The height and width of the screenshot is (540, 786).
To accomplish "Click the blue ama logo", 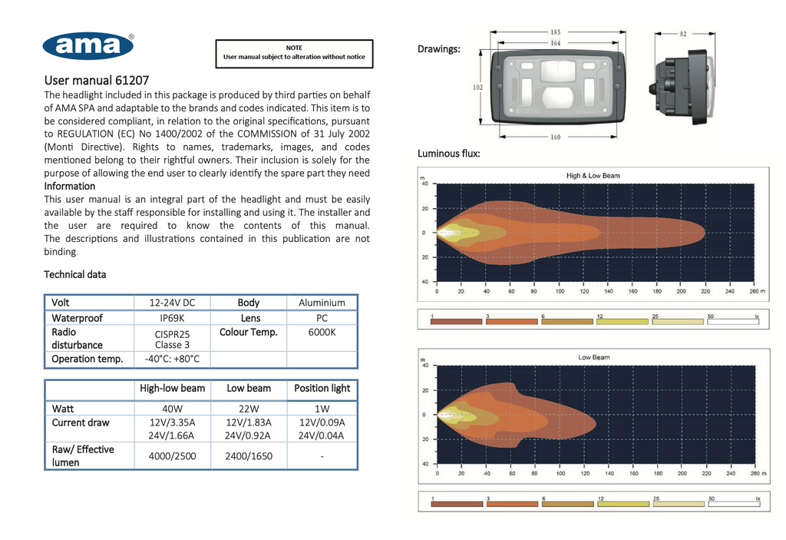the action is tap(88, 46).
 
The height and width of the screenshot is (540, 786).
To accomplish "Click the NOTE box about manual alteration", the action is tap(294, 53).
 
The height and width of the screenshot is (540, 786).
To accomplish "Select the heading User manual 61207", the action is tap(96, 81).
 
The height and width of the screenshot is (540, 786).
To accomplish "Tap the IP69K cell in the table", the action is tap(172, 318).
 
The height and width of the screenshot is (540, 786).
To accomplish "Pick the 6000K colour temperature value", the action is tap(322, 333).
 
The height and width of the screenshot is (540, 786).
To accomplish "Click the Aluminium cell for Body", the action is tap(322, 303).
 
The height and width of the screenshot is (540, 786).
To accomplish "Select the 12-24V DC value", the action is tap(172, 303).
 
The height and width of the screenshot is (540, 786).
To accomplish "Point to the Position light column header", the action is tap(322, 389).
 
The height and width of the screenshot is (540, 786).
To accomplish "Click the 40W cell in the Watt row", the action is tap(172, 409).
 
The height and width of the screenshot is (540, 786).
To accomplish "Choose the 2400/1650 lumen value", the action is tap(249, 456).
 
